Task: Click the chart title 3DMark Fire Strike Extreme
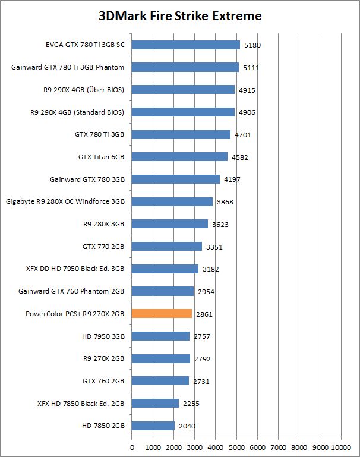[x=180, y=16]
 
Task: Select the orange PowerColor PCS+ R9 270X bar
[x=162, y=314]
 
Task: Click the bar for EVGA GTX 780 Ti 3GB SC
[x=185, y=45]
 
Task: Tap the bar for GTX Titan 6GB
[x=179, y=157]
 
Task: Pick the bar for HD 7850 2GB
[x=153, y=426]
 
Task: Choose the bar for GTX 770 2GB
[x=166, y=247]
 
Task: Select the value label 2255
[x=191, y=404]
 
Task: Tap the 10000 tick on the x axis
[x=341, y=447]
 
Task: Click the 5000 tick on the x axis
[x=236, y=447]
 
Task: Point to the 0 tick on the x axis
[x=131, y=447]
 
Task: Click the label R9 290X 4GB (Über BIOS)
[x=81, y=90]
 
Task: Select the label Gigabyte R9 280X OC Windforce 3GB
[x=65, y=201]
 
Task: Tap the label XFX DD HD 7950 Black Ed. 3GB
[x=75, y=269]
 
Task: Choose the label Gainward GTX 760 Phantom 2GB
[x=72, y=291]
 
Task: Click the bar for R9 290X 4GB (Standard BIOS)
[x=183, y=112]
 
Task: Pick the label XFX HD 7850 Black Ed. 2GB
[x=81, y=404]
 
